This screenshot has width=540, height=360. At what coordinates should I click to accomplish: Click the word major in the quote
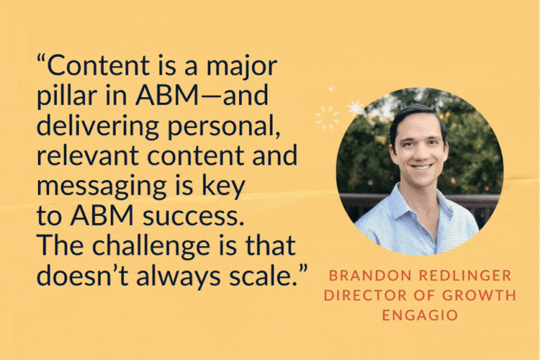click(242, 67)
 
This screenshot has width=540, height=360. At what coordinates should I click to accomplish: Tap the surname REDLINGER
click(465, 276)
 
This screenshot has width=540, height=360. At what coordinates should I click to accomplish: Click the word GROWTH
click(479, 295)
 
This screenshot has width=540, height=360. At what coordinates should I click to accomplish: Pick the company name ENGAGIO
click(420, 315)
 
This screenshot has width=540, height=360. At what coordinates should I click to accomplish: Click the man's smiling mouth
click(422, 167)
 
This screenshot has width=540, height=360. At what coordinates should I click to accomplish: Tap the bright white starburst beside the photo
click(355, 108)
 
